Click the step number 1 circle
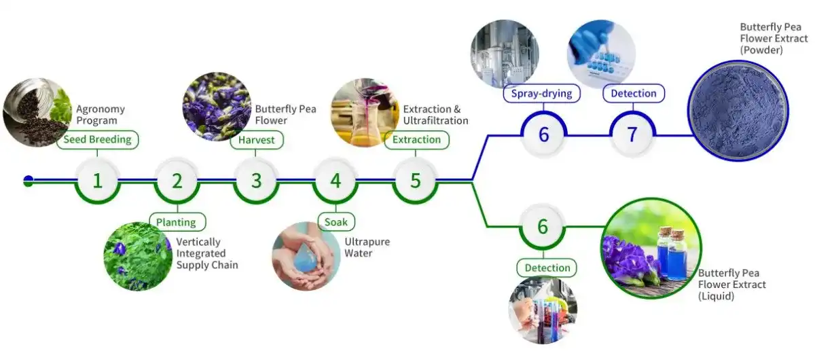click(x=98, y=181)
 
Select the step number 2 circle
click(x=177, y=181)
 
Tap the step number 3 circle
click(x=256, y=181)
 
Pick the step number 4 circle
click(x=336, y=181)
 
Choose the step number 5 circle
click(x=415, y=181)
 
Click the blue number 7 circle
click(x=632, y=134)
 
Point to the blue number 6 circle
click(x=543, y=134)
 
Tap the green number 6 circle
click(x=543, y=226)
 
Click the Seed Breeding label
click(x=98, y=140)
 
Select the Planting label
click(x=177, y=222)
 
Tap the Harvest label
click(x=257, y=140)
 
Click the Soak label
click(x=336, y=222)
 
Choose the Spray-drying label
click(x=542, y=93)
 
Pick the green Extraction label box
click(x=417, y=140)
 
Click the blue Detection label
click(x=634, y=93)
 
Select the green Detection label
click(x=547, y=268)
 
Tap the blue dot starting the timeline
click(x=29, y=181)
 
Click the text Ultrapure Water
click(x=367, y=247)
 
